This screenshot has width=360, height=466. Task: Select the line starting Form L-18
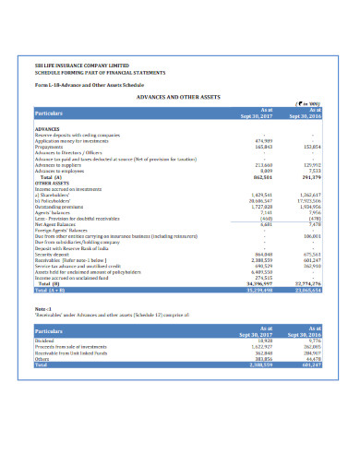pos(82,85)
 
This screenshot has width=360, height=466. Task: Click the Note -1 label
pos(42,309)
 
